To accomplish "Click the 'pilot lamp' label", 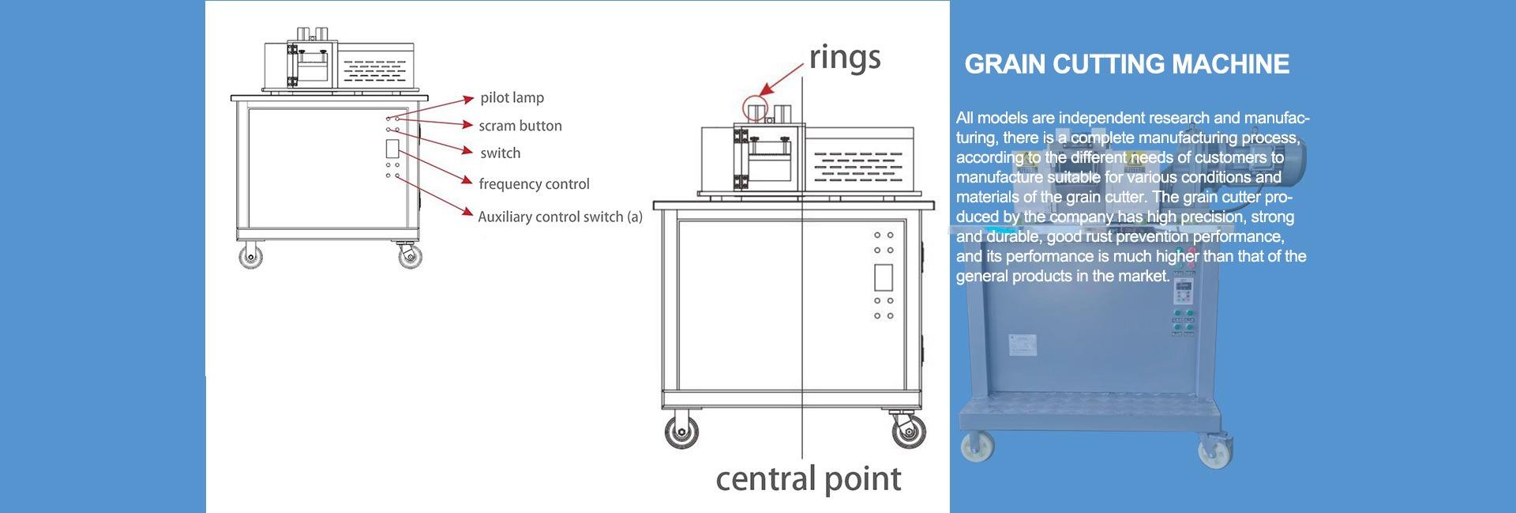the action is [512, 98].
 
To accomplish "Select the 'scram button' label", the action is [520, 126].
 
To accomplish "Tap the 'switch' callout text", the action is [500, 153].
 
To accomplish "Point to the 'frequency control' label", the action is [534, 184].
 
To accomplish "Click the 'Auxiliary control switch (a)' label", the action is [560, 217].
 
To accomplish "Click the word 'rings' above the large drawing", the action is [844, 58].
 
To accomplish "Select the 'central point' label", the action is [808, 479].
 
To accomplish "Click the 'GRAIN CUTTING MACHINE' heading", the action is [1127, 64].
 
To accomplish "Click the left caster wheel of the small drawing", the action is [252, 256].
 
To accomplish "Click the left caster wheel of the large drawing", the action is [681, 432].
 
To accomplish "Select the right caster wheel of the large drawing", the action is [908, 432].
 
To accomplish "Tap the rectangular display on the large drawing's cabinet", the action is [884, 277].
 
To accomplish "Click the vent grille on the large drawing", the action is [857, 167].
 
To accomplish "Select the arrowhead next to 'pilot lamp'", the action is [467, 100].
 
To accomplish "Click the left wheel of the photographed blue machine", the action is [978, 447].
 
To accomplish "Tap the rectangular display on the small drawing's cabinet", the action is [392, 149].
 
